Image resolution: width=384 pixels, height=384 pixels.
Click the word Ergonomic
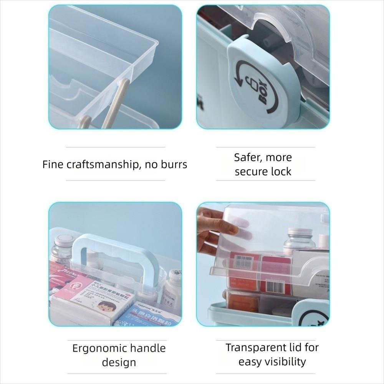click(99, 348)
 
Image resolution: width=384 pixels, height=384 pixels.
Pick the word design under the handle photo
click(119, 362)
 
